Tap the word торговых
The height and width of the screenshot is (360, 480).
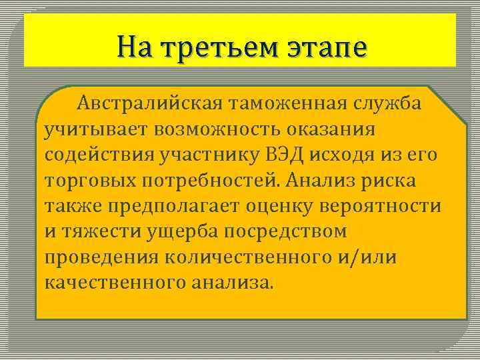[87, 180]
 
